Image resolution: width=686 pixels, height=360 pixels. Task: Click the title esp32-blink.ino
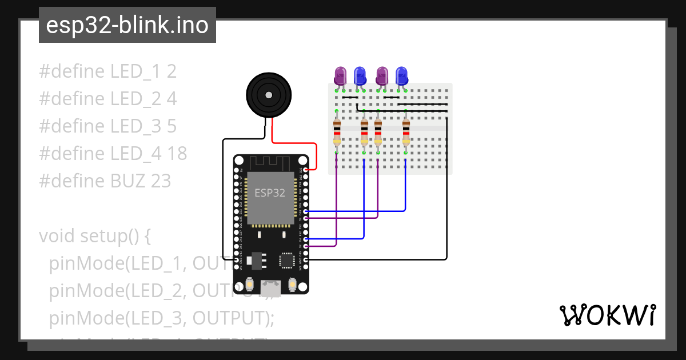tap(127, 25)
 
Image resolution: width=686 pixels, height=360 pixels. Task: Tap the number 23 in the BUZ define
tap(161, 181)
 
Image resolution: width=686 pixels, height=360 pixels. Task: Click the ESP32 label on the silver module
tap(270, 193)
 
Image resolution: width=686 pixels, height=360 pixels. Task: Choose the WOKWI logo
tap(607, 315)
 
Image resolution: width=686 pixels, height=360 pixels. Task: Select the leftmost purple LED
tap(341, 76)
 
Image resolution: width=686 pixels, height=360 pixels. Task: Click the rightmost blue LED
tap(402, 76)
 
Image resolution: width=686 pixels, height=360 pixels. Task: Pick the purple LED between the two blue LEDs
tap(382, 76)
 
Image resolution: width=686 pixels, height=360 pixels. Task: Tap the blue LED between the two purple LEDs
tap(360, 76)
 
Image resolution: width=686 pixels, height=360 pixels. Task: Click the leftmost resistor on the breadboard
tap(337, 132)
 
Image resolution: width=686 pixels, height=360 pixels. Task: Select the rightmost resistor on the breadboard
tap(406, 132)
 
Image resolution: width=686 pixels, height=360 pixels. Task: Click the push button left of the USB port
tap(249, 283)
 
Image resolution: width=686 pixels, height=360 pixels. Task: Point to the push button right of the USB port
tap(293, 283)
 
